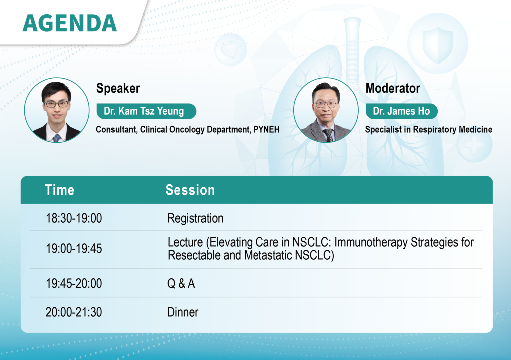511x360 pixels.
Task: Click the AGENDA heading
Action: coord(70,23)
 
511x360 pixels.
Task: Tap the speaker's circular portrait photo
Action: coord(57,110)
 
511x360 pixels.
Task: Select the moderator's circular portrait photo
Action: coord(326,110)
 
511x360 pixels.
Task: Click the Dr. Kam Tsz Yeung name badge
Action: coord(146,111)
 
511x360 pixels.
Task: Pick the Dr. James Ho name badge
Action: coord(402,111)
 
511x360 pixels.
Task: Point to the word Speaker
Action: coord(118,88)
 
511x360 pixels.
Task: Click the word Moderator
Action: coord(393,88)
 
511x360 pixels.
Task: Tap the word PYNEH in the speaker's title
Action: coord(266,129)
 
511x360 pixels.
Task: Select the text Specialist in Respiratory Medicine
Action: coord(429,129)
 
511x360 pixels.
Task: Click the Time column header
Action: coord(60,190)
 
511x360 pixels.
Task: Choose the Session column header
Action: coord(190,190)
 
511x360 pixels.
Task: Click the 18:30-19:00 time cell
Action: coord(74,218)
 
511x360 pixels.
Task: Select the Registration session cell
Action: coord(195,218)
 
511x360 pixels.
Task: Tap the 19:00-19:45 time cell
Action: coord(74,249)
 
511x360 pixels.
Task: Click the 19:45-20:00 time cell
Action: coord(74,284)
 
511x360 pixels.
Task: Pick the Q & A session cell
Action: coord(181,284)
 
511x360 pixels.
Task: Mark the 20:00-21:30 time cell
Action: coord(74,312)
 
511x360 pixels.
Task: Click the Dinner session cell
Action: coord(183,312)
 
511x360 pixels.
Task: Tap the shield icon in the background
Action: coord(437,44)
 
